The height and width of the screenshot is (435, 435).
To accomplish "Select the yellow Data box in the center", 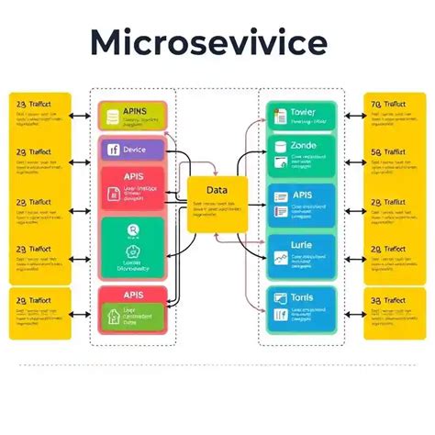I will (x=216, y=201).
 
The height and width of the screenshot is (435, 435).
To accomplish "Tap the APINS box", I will (x=133, y=115).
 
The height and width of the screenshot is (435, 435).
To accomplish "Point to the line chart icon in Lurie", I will (x=278, y=260).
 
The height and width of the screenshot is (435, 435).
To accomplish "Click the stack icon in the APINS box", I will (x=113, y=116).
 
